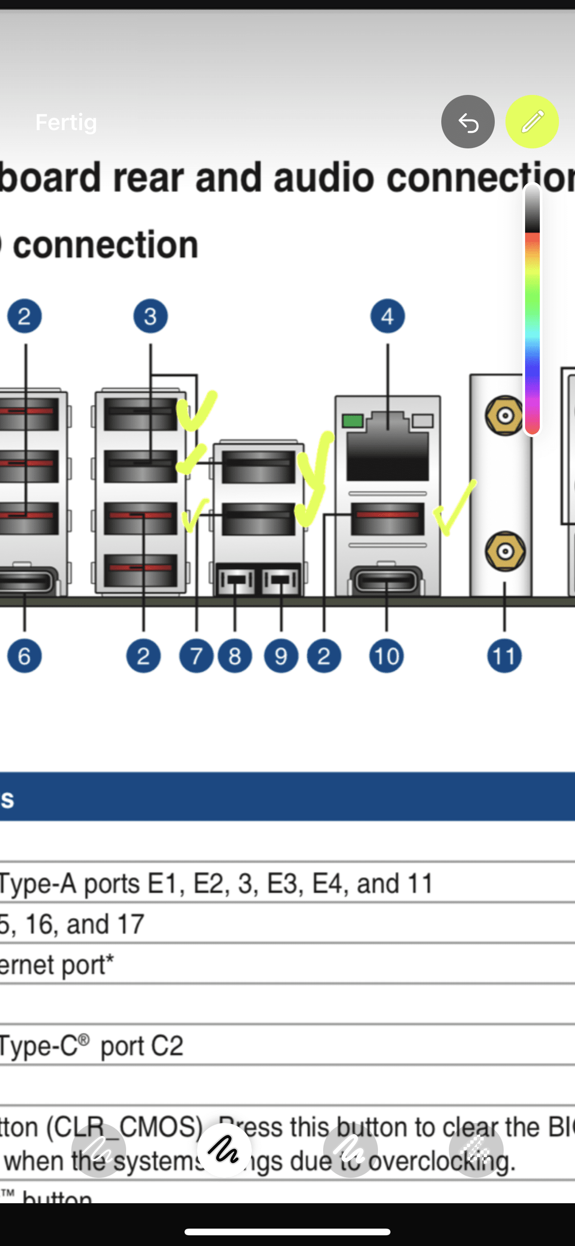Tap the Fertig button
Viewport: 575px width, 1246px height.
pyautogui.click(x=66, y=123)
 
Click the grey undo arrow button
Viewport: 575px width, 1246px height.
pyautogui.click(x=468, y=122)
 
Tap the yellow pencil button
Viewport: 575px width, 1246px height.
pyautogui.click(x=532, y=122)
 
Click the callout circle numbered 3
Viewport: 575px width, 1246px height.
pyautogui.click(x=151, y=316)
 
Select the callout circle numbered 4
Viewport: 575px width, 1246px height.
pyautogui.click(x=387, y=316)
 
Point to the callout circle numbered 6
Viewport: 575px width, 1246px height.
pyautogui.click(x=24, y=656)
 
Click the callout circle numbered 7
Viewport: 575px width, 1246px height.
pyautogui.click(x=196, y=656)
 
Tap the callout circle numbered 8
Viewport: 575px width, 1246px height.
pyautogui.click(x=235, y=656)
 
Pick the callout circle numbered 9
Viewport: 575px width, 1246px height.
pyautogui.click(x=281, y=656)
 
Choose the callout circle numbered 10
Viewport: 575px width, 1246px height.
pyautogui.click(x=386, y=656)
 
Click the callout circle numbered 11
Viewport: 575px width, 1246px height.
pyautogui.click(x=504, y=656)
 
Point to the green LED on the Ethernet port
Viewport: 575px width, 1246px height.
pyautogui.click(x=353, y=421)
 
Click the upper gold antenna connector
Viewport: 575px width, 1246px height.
pyautogui.click(x=505, y=415)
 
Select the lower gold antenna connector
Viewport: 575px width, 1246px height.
pyautogui.click(x=505, y=551)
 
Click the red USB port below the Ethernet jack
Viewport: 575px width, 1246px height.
pyautogui.click(x=387, y=519)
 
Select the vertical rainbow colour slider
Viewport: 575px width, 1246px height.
pyautogui.click(x=532, y=310)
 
